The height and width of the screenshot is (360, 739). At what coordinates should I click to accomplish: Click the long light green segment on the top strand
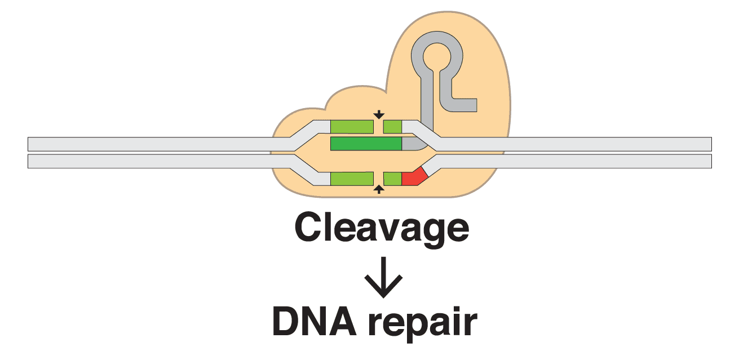pos(352,127)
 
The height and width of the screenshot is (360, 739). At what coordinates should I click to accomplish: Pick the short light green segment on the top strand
pos(392,127)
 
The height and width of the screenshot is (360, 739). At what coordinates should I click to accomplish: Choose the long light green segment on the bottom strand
pos(352,179)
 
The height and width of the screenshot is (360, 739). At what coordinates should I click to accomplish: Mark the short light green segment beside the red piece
pos(392,179)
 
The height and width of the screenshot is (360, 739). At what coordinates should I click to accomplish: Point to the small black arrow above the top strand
pos(379,115)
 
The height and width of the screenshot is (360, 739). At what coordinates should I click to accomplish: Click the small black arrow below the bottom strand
pos(379,190)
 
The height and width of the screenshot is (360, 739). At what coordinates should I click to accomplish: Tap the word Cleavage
pos(382,228)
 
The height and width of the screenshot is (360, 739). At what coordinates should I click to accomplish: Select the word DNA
pos(312,322)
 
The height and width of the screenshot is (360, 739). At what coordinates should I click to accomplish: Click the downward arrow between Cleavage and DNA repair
pos(383,278)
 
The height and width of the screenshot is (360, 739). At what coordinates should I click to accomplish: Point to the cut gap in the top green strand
pos(379,127)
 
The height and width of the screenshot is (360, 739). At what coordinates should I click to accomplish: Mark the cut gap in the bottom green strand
pos(379,179)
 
